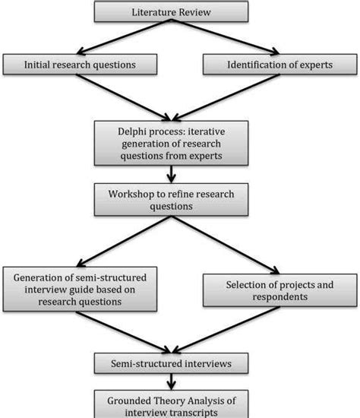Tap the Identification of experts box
[280, 65]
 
